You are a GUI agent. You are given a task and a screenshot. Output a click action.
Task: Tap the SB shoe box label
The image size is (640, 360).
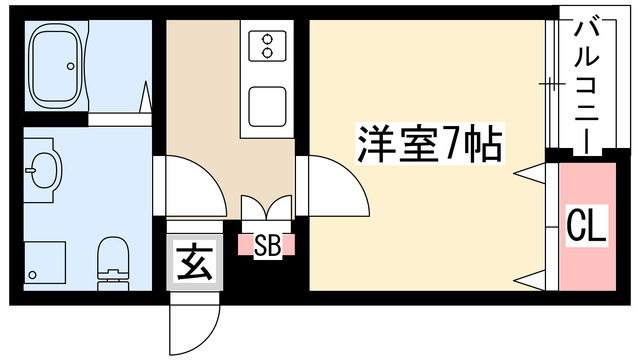(x=266, y=243)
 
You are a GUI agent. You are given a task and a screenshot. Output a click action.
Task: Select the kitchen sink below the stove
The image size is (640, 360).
(x=267, y=104)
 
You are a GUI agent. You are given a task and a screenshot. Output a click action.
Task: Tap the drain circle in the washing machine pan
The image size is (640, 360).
(x=33, y=273)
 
